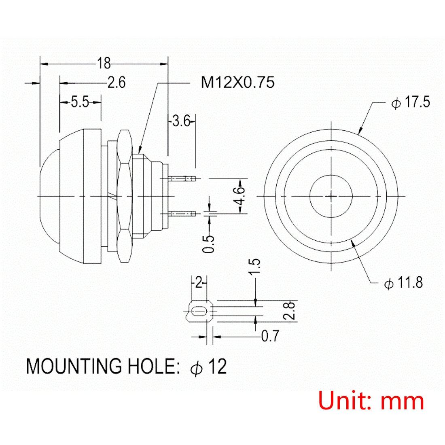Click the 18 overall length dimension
click(104, 63)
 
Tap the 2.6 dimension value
click(117, 83)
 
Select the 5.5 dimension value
click(80, 102)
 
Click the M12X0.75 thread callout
click(238, 82)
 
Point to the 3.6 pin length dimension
click(181, 121)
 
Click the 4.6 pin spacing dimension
click(240, 196)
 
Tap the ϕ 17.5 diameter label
click(411, 102)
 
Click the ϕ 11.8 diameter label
click(404, 282)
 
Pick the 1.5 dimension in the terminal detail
click(254, 267)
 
